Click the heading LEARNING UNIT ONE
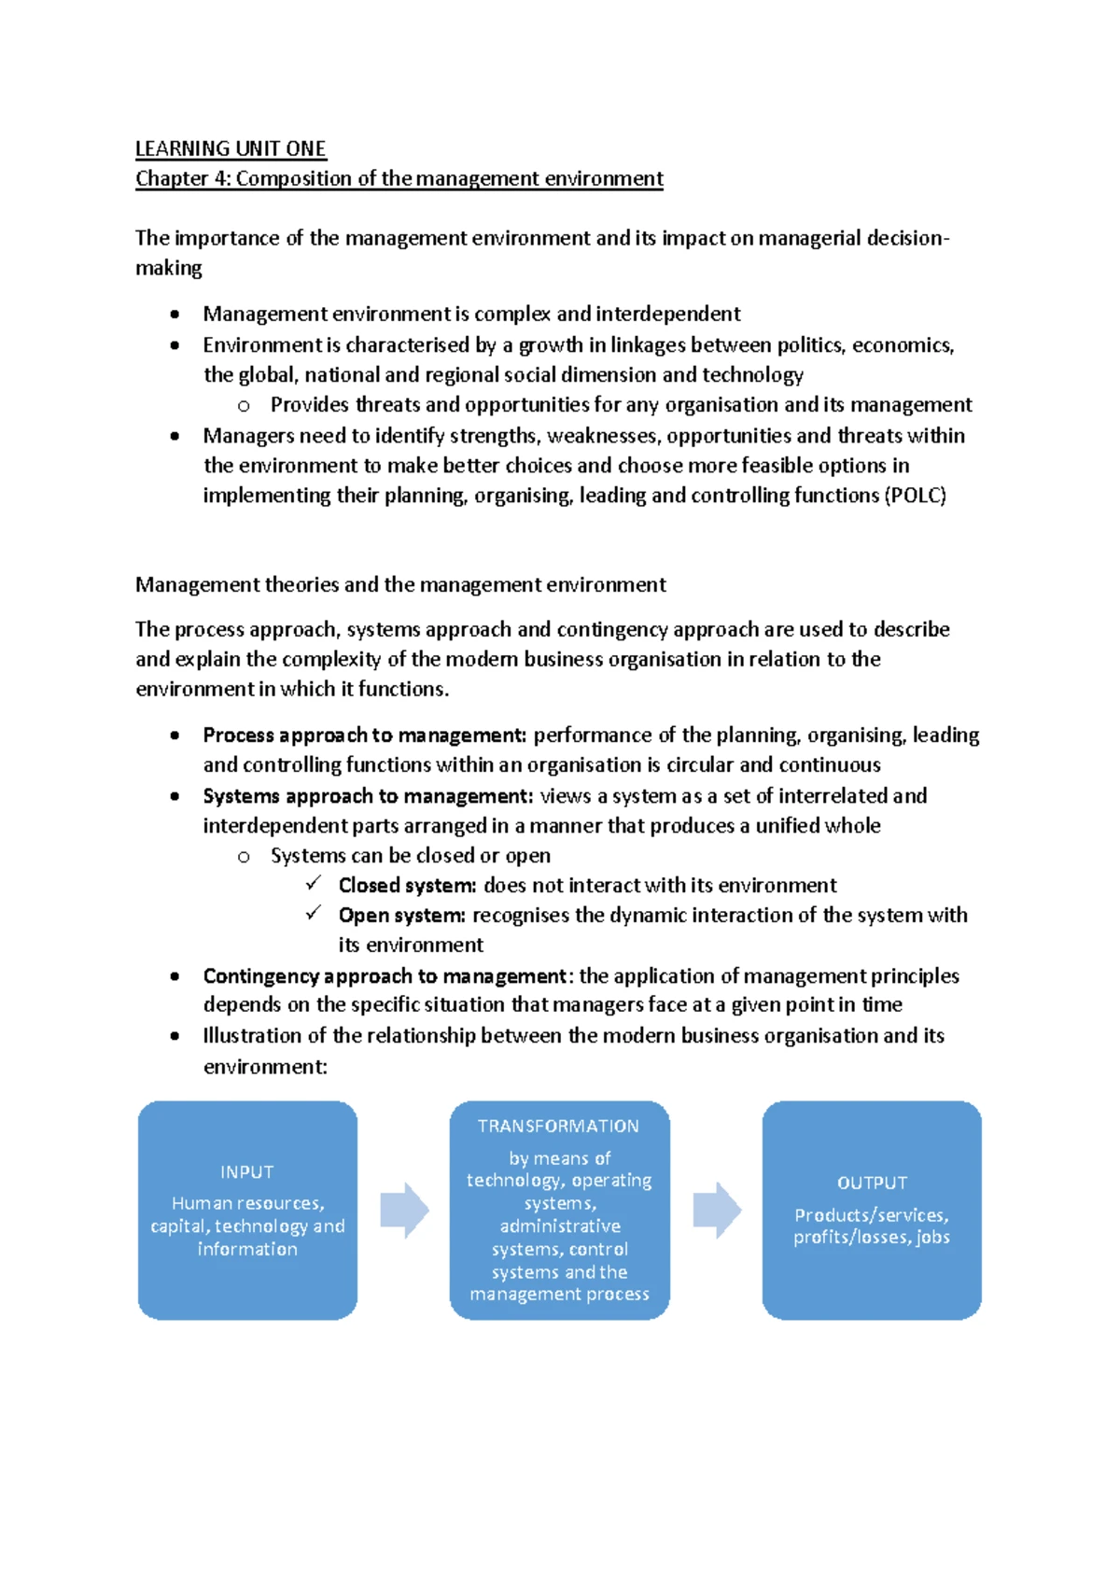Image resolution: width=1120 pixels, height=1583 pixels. pyautogui.click(x=230, y=148)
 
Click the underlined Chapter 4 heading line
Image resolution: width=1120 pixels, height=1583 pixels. pyautogui.click(x=399, y=178)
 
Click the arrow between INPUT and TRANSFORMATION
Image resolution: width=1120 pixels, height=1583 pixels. pyautogui.click(x=404, y=1211)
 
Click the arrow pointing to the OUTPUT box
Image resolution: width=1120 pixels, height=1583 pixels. pyautogui.click(x=717, y=1211)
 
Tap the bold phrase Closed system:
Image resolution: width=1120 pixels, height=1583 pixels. pyautogui.click(x=407, y=885)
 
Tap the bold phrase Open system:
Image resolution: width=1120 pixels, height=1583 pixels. pyautogui.click(x=401, y=915)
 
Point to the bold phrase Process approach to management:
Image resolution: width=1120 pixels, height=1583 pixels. pyautogui.click(x=365, y=735)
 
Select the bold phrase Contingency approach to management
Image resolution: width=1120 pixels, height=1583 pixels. pyautogui.click(x=385, y=975)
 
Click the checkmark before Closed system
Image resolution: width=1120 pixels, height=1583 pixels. pyautogui.click(x=314, y=883)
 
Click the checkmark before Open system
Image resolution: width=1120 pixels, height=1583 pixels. pyautogui.click(x=314, y=913)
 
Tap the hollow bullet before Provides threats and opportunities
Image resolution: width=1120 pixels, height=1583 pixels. pyautogui.click(x=244, y=406)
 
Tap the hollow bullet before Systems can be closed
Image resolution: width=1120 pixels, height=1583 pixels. pyautogui.click(x=244, y=857)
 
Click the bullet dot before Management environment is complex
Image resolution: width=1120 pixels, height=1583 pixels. pyautogui.click(x=175, y=315)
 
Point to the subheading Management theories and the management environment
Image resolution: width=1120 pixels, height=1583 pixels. pyautogui.click(x=400, y=585)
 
